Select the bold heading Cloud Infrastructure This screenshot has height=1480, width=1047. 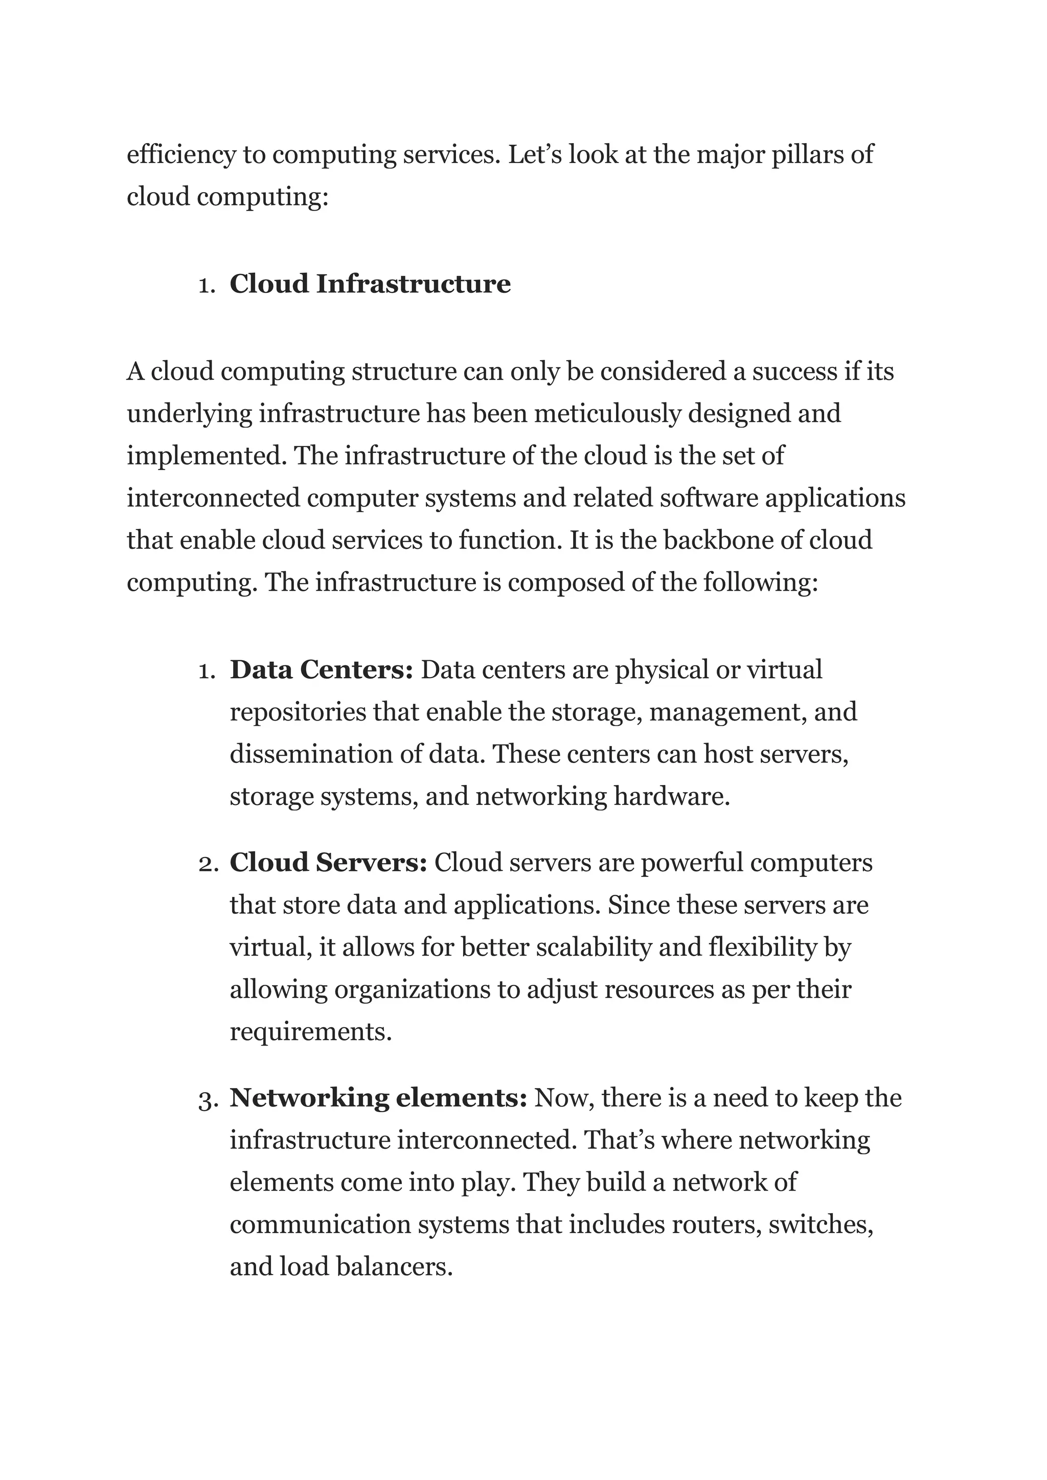[x=370, y=284]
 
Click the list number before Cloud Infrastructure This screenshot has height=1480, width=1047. [x=207, y=286]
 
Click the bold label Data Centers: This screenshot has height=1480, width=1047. [x=321, y=670]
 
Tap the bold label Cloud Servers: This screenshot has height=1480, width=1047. [x=328, y=863]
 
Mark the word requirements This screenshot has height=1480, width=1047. [x=310, y=1032]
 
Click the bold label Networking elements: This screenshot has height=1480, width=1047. [x=378, y=1098]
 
